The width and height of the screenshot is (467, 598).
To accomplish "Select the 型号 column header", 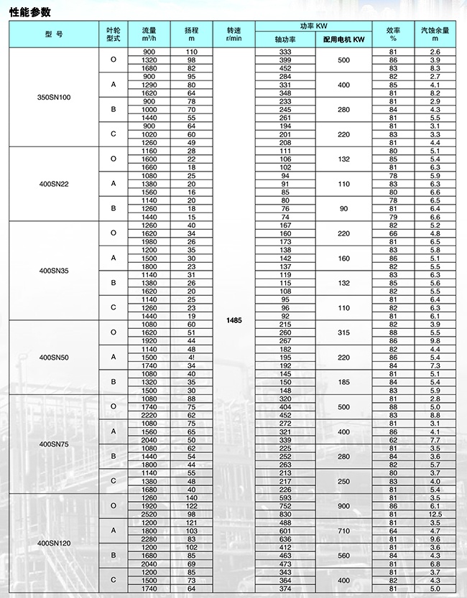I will point(54,34).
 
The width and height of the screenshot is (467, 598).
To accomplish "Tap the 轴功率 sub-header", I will point(285,40).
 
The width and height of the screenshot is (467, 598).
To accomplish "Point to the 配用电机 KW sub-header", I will point(343,40).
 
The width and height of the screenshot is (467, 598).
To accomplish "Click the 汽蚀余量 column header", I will point(435,34).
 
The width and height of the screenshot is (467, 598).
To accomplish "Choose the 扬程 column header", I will point(191,34).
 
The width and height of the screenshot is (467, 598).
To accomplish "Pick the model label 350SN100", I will point(54,97).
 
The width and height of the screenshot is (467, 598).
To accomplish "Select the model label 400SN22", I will point(54,184).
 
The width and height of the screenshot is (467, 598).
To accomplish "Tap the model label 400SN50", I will point(54,357).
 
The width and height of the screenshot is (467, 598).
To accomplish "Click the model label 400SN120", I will point(54,543).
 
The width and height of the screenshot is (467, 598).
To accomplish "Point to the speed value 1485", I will point(234,321).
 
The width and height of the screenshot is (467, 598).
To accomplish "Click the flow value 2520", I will point(149,514).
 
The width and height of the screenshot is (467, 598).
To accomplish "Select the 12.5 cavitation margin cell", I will point(435,514).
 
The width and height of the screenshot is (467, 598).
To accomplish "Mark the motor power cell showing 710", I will point(343,531).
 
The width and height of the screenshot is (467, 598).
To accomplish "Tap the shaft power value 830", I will point(285,514).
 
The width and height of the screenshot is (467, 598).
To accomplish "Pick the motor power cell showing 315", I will point(343,332).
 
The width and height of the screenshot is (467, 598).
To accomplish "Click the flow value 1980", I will point(149,241).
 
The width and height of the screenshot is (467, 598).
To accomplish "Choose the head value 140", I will point(191,497).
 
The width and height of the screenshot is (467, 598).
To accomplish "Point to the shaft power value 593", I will point(285,497).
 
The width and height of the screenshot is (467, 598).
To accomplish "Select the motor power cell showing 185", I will point(343,382).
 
